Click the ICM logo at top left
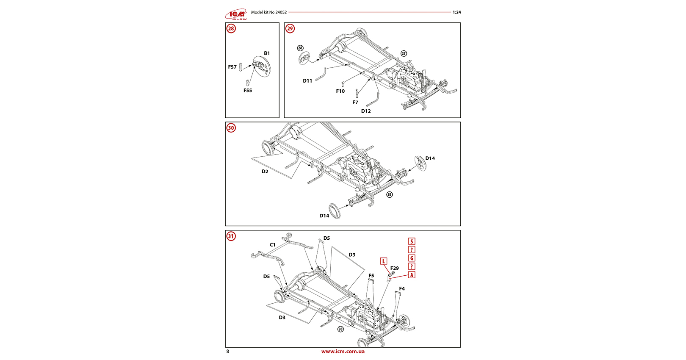click(236, 14)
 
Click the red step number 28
click(231, 28)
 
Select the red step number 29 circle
click(290, 28)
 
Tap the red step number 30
click(231, 128)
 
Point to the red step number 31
click(231, 236)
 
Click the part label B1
click(267, 53)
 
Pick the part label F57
click(232, 67)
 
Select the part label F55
click(248, 90)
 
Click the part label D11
click(307, 81)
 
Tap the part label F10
click(340, 91)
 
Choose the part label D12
click(366, 111)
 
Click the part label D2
click(265, 172)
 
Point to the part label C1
click(273, 245)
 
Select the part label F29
click(394, 268)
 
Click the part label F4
click(402, 289)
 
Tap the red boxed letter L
click(384, 261)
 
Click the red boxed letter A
click(412, 275)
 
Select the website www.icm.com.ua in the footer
click(343, 352)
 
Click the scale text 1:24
click(456, 12)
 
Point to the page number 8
click(228, 352)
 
